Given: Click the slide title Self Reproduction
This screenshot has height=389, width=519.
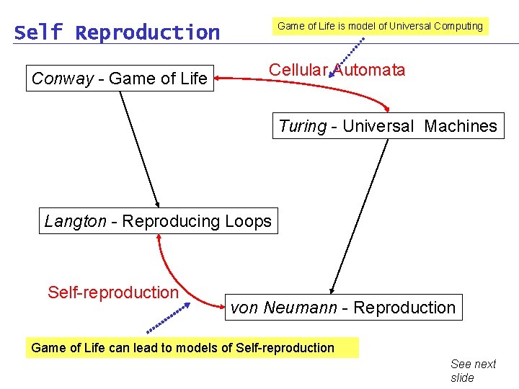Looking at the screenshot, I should point(117,32).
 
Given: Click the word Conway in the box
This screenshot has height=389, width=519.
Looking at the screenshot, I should point(63,79).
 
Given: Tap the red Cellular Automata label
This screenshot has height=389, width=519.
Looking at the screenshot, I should point(337,70).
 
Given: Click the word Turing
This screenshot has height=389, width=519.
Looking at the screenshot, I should point(302,126).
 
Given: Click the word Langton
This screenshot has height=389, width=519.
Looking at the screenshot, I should point(75,221).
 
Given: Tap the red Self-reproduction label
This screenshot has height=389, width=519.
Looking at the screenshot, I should point(112,292).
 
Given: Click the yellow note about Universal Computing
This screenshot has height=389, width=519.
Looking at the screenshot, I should point(380,26).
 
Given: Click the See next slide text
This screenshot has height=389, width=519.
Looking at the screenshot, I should point(473,370).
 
